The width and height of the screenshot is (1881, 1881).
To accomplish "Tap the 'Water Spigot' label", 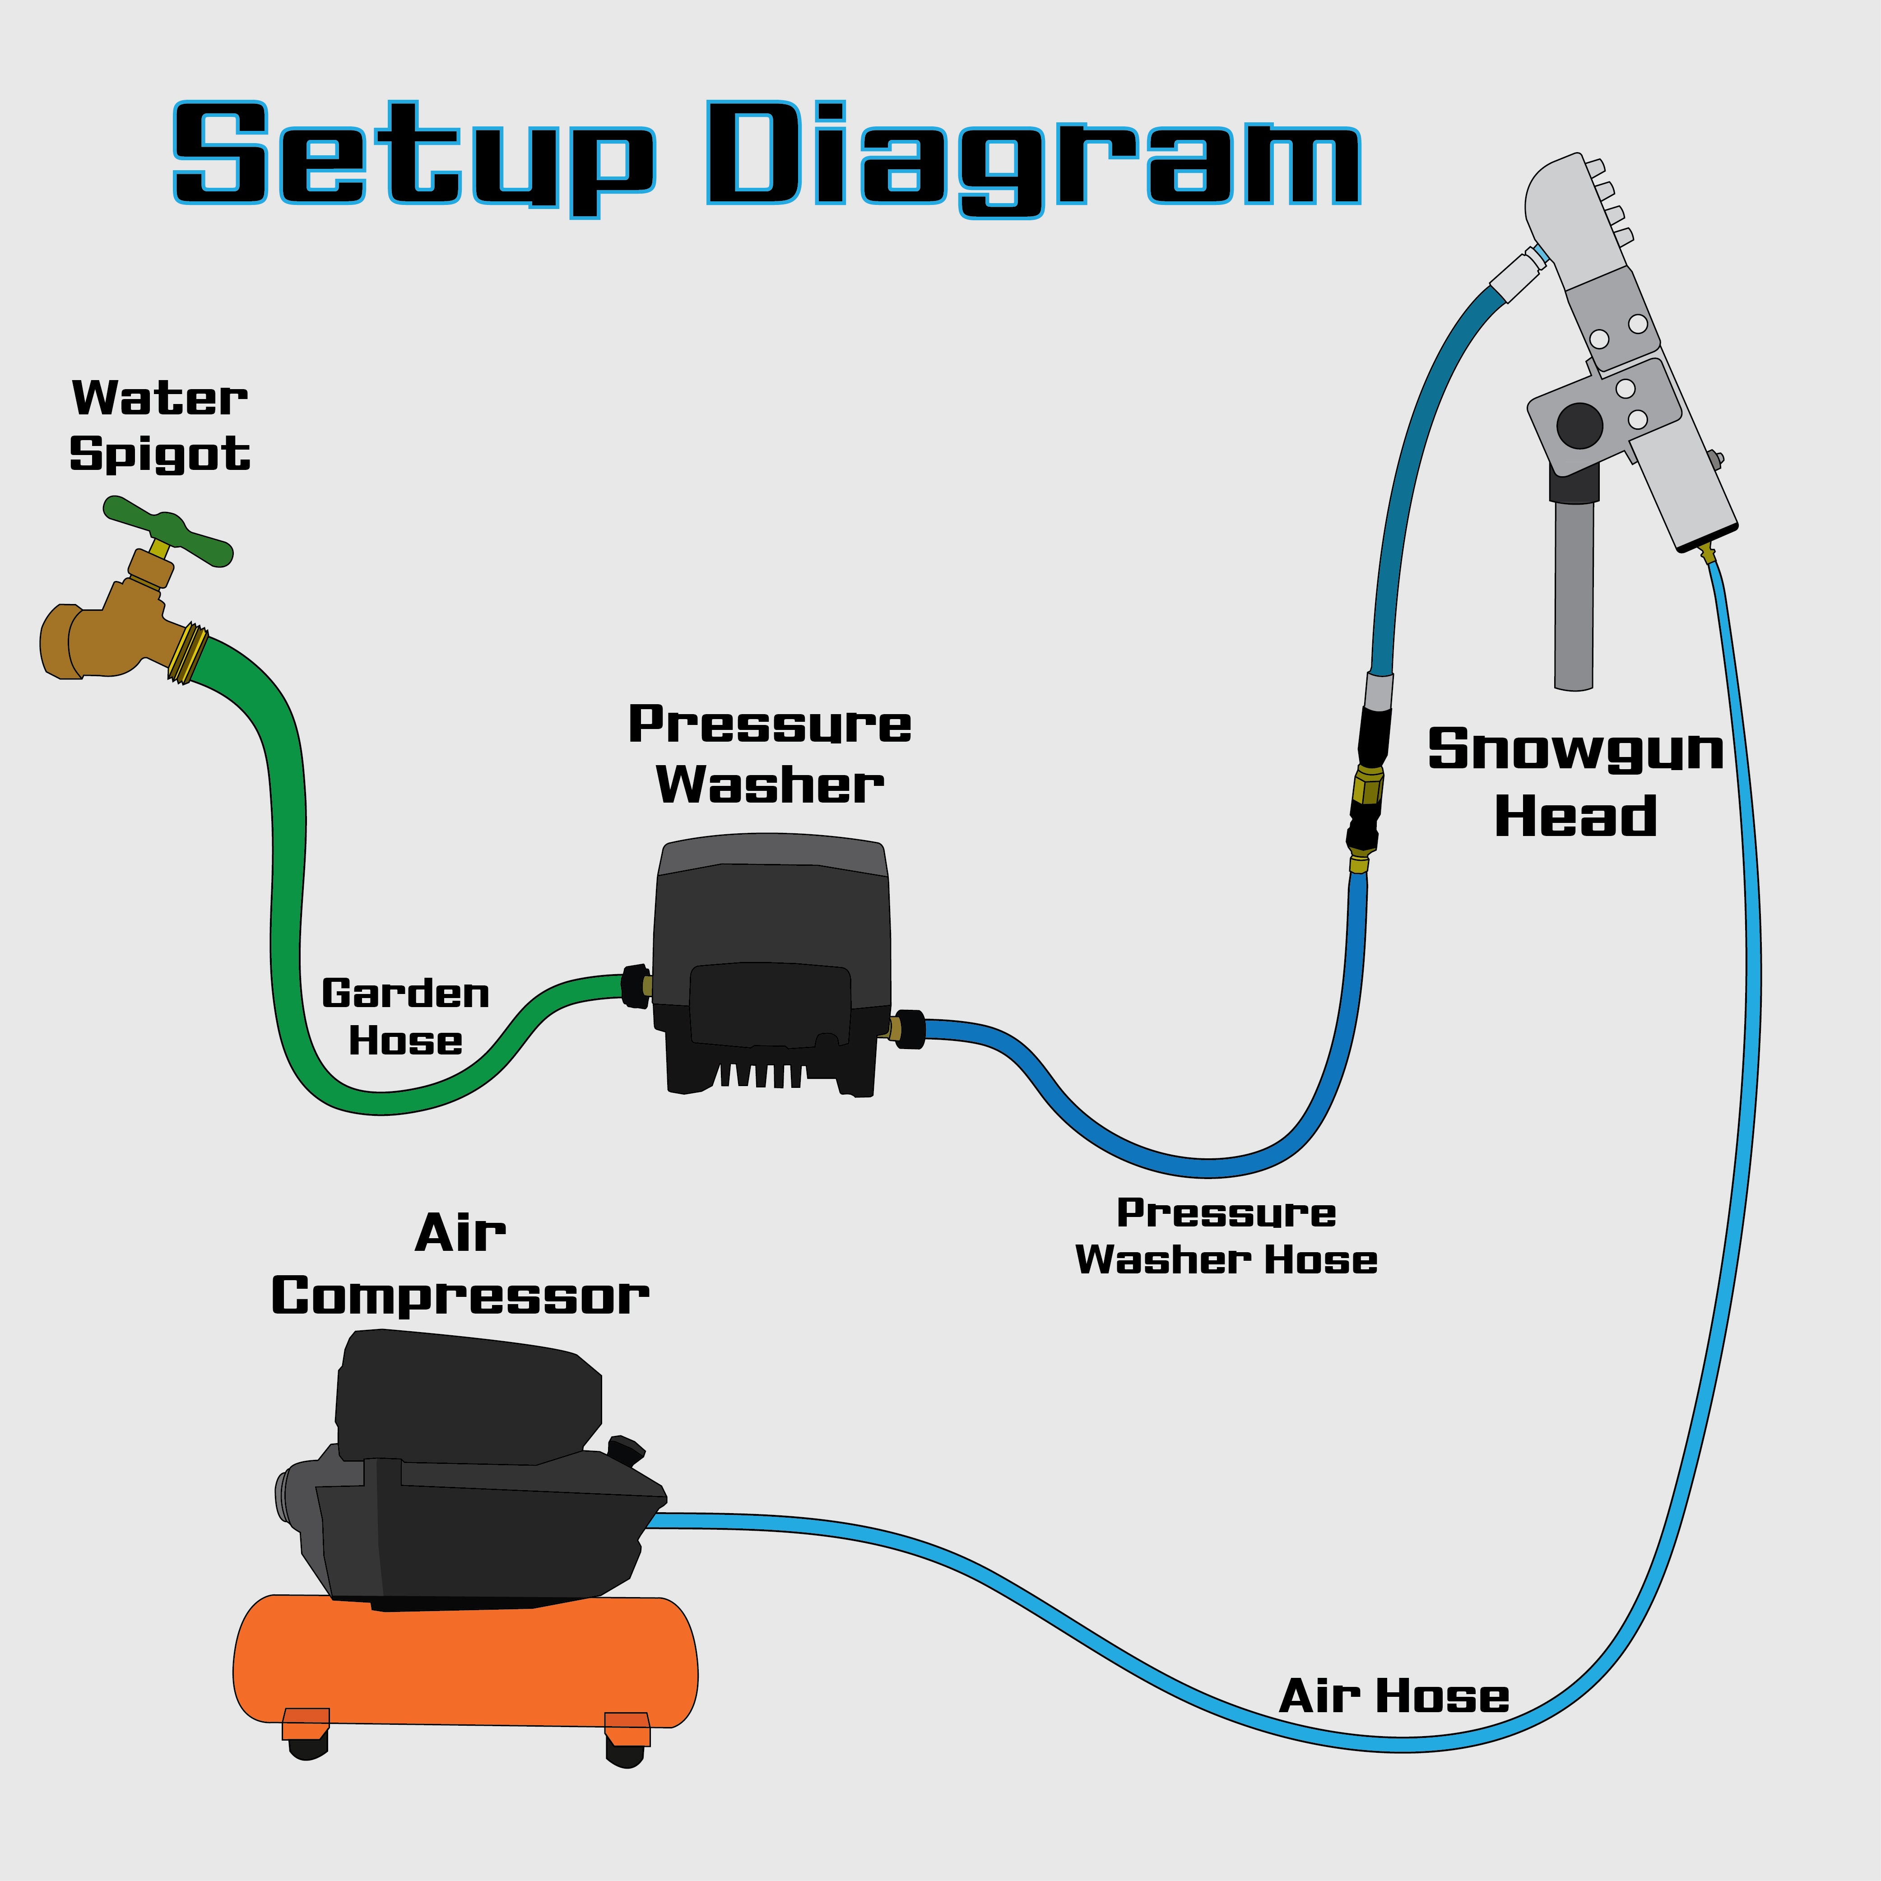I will click(160, 426).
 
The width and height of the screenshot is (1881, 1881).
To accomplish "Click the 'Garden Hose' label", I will click(405, 1017).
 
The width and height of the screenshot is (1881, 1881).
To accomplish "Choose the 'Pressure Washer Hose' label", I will click(1226, 1236).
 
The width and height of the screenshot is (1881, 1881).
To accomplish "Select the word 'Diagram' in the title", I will click(1032, 156).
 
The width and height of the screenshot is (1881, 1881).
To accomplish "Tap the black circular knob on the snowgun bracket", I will click(1579, 426).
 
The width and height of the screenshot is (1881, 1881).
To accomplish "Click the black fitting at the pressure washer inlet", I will click(635, 986).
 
